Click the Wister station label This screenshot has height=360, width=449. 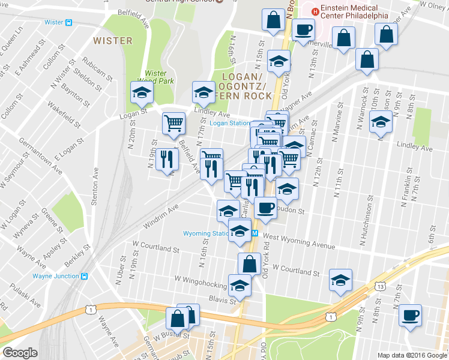53,23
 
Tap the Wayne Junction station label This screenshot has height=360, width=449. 55,277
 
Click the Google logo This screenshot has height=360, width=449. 20,353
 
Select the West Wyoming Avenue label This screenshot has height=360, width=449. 298,242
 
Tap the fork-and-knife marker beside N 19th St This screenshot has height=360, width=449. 167,160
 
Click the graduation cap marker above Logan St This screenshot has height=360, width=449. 142,92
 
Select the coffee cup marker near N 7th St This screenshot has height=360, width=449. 410,316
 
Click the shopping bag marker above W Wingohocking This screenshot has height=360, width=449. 249,263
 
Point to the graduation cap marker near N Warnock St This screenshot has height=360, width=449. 380,122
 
